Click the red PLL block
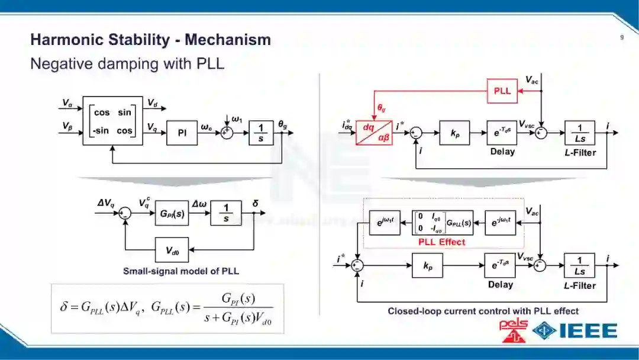coord(502,91)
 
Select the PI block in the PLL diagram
coord(182,133)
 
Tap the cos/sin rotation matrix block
coord(112,121)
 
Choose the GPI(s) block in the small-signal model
coord(171,213)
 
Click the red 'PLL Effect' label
coord(441,242)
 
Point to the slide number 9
coord(622,38)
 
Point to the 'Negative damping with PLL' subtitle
coord(127,63)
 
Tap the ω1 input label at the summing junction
coord(237,119)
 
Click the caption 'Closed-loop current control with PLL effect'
coord(483,311)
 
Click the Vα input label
coord(67,103)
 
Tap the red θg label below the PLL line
coord(382,108)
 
